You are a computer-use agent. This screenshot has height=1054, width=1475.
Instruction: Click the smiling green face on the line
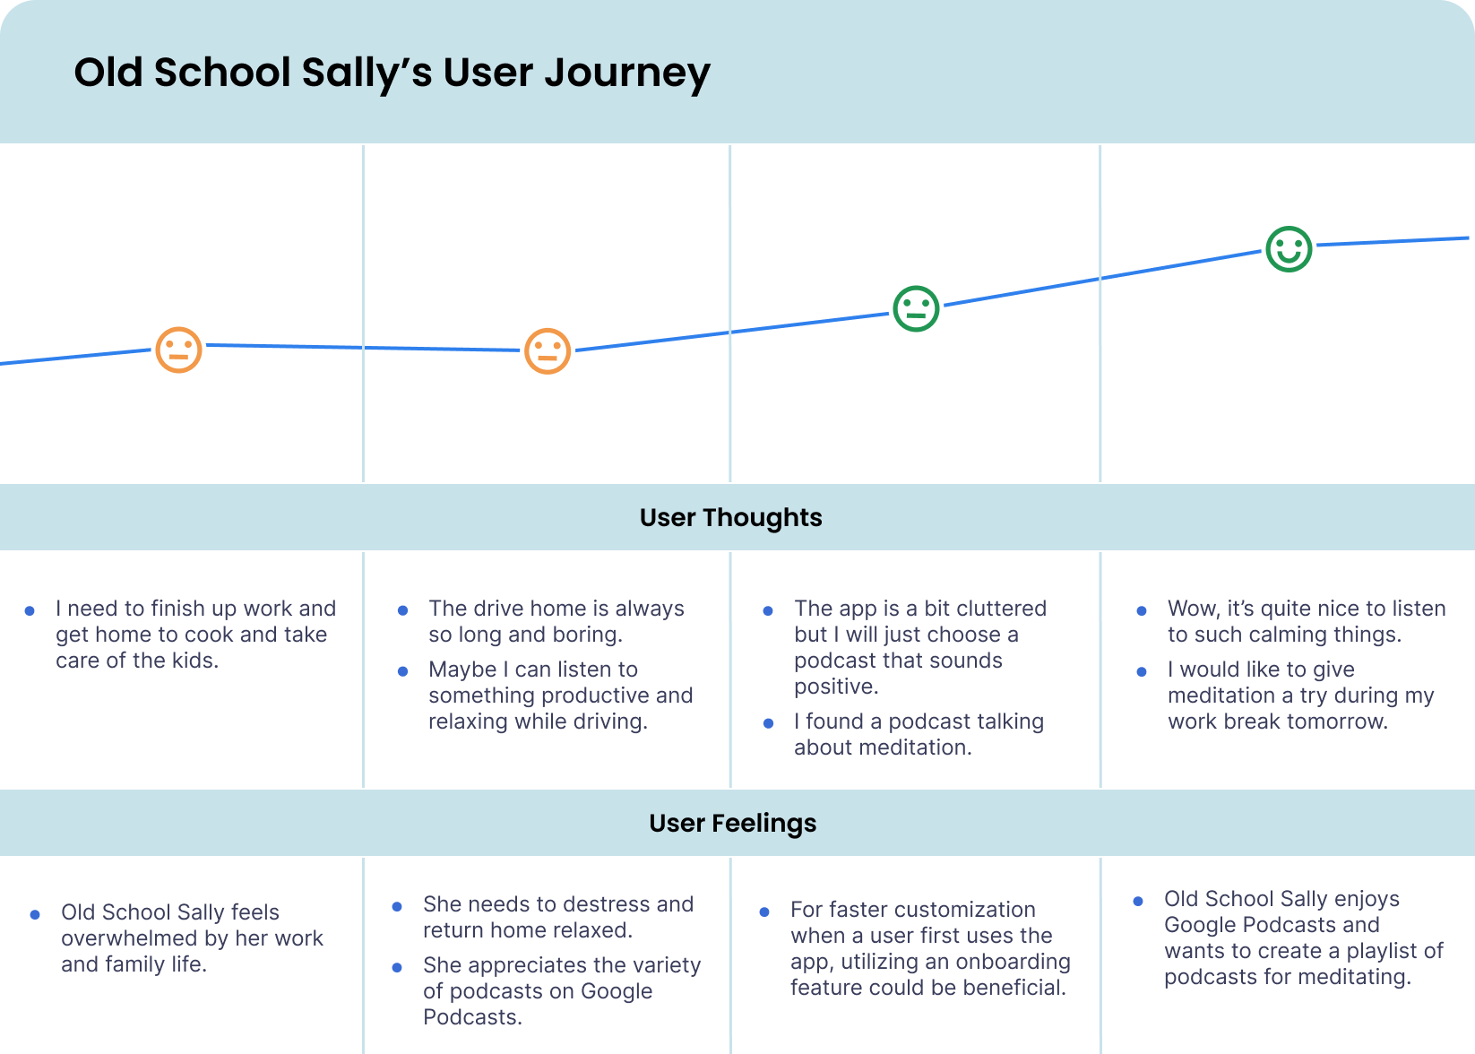pyautogui.click(x=1289, y=249)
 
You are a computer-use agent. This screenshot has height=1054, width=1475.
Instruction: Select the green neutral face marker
pyautogui.click(x=916, y=309)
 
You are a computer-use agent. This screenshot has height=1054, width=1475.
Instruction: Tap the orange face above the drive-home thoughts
pyautogui.click(x=548, y=350)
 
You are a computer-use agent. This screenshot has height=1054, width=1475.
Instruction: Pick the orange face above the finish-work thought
pyautogui.click(x=179, y=349)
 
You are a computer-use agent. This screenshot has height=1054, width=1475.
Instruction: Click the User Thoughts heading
pyautogui.click(x=730, y=517)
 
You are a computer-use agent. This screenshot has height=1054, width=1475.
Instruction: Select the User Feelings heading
pyautogui.click(x=732, y=823)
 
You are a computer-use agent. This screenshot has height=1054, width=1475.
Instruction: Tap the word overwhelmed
pyautogui.click(x=130, y=938)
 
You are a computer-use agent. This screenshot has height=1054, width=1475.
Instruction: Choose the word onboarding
pyautogui.click(x=1014, y=962)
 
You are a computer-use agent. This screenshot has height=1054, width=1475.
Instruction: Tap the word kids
pyautogui.click(x=197, y=661)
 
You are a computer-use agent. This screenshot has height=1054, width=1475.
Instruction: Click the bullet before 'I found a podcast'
pyautogui.click(x=768, y=722)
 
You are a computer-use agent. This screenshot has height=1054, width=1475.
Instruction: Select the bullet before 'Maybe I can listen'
pyautogui.click(x=402, y=670)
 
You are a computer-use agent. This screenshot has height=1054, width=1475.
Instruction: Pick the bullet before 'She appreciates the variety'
pyautogui.click(x=397, y=966)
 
